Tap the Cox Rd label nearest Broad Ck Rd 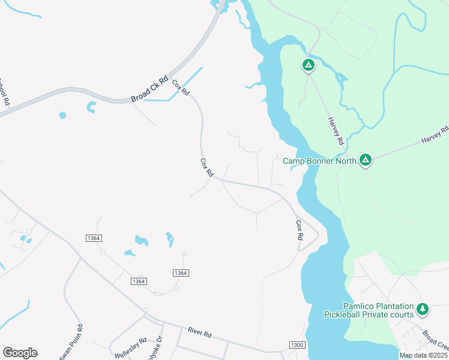click(x=181, y=88)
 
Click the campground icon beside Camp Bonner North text click(x=365, y=160)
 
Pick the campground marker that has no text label click(x=308, y=65)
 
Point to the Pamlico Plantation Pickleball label click(x=369, y=310)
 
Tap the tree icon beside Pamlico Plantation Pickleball click(x=423, y=310)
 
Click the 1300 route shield click(x=297, y=345)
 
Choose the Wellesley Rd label click(x=131, y=348)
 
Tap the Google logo click(x=20, y=353)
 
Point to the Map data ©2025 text click(x=424, y=355)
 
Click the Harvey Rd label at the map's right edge click(x=435, y=134)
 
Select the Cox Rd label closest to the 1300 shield click(x=299, y=230)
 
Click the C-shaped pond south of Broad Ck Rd click(x=91, y=107)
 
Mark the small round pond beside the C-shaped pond click(x=62, y=115)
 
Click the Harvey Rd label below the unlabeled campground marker click(x=335, y=131)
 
